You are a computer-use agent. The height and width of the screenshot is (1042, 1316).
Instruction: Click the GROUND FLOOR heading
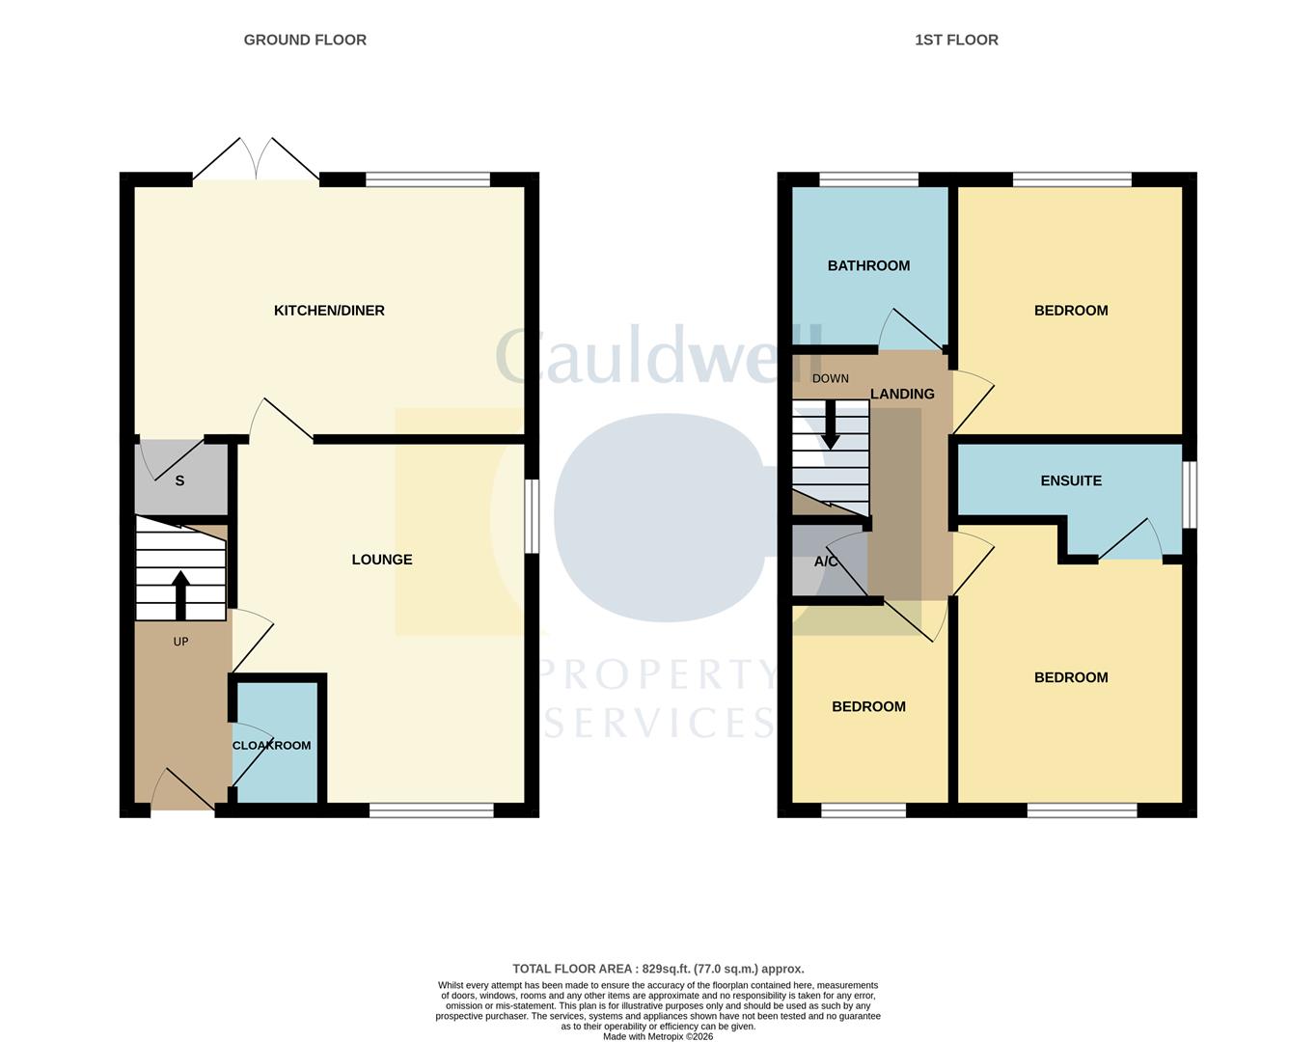[x=305, y=40]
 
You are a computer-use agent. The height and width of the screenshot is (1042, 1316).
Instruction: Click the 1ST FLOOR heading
[x=956, y=40]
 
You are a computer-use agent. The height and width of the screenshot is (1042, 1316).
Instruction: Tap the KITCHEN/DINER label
[x=329, y=311]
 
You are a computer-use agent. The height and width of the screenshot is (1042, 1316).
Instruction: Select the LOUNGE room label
[x=382, y=560]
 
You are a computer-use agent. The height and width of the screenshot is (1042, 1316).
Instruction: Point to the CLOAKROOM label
[x=272, y=746]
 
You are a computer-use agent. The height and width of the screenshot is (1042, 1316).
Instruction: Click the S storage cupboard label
[x=179, y=480]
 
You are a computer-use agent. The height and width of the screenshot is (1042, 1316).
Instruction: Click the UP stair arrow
[x=180, y=593]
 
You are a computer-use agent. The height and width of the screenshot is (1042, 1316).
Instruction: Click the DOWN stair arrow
[x=830, y=425]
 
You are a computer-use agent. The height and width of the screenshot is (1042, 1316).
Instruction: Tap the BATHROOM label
[x=868, y=266]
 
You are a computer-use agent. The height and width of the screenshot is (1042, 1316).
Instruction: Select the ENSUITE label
[x=1071, y=480]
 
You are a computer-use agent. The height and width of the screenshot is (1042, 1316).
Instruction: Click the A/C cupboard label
[x=826, y=562]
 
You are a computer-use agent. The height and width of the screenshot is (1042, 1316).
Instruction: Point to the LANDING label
[x=902, y=394]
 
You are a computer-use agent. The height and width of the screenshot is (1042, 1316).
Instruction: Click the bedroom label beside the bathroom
[x=1071, y=311]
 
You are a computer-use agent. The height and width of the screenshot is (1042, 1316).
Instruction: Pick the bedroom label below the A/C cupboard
[x=868, y=707]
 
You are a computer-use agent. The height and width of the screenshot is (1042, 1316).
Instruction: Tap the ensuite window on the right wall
[x=1190, y=495]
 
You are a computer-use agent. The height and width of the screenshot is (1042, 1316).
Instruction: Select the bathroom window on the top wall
[x=868, y=179]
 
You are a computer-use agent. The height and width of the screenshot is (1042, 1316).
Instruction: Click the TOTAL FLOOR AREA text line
[x=658, y=969]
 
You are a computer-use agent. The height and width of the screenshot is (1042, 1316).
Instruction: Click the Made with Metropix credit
[x=658, y=1037]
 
